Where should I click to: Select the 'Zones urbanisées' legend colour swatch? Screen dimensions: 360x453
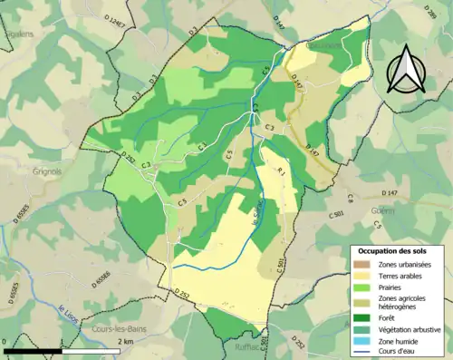360,264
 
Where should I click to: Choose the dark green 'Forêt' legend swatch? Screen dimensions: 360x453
360,318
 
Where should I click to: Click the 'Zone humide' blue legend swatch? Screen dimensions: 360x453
360,342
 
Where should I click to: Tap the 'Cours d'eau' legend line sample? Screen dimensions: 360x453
360,353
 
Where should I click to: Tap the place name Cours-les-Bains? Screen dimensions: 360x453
120,329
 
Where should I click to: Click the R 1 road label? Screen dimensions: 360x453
282,170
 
